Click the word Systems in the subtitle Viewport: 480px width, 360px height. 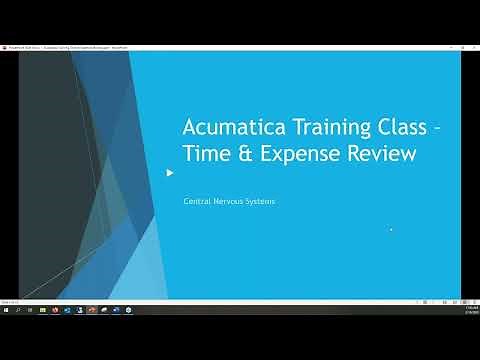click(x=260, y=201)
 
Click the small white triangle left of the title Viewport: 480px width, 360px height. click(x=170, y=172)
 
